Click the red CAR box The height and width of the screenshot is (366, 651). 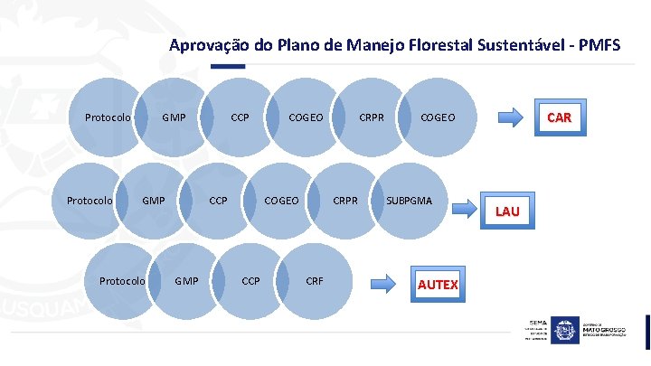(x=559, y=118)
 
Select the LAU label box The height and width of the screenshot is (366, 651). (x=506, y=211)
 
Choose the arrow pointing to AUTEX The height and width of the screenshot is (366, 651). (x=385, y=283)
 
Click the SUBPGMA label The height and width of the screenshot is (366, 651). (x=409, y=199)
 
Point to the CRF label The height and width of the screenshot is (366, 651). (x=314, y=281)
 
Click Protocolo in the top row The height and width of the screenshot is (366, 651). (x=108, y=117)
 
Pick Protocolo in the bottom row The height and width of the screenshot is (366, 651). (x=122, y=281)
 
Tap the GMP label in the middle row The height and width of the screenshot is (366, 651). (x=152, y=199)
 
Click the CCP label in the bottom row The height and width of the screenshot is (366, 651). (x=250, y=281)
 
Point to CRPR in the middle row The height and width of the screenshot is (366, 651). (x=346, y=199)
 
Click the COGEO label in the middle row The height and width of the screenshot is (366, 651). (x=280, y=199)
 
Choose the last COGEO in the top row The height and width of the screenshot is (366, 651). (x=438, y=117)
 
